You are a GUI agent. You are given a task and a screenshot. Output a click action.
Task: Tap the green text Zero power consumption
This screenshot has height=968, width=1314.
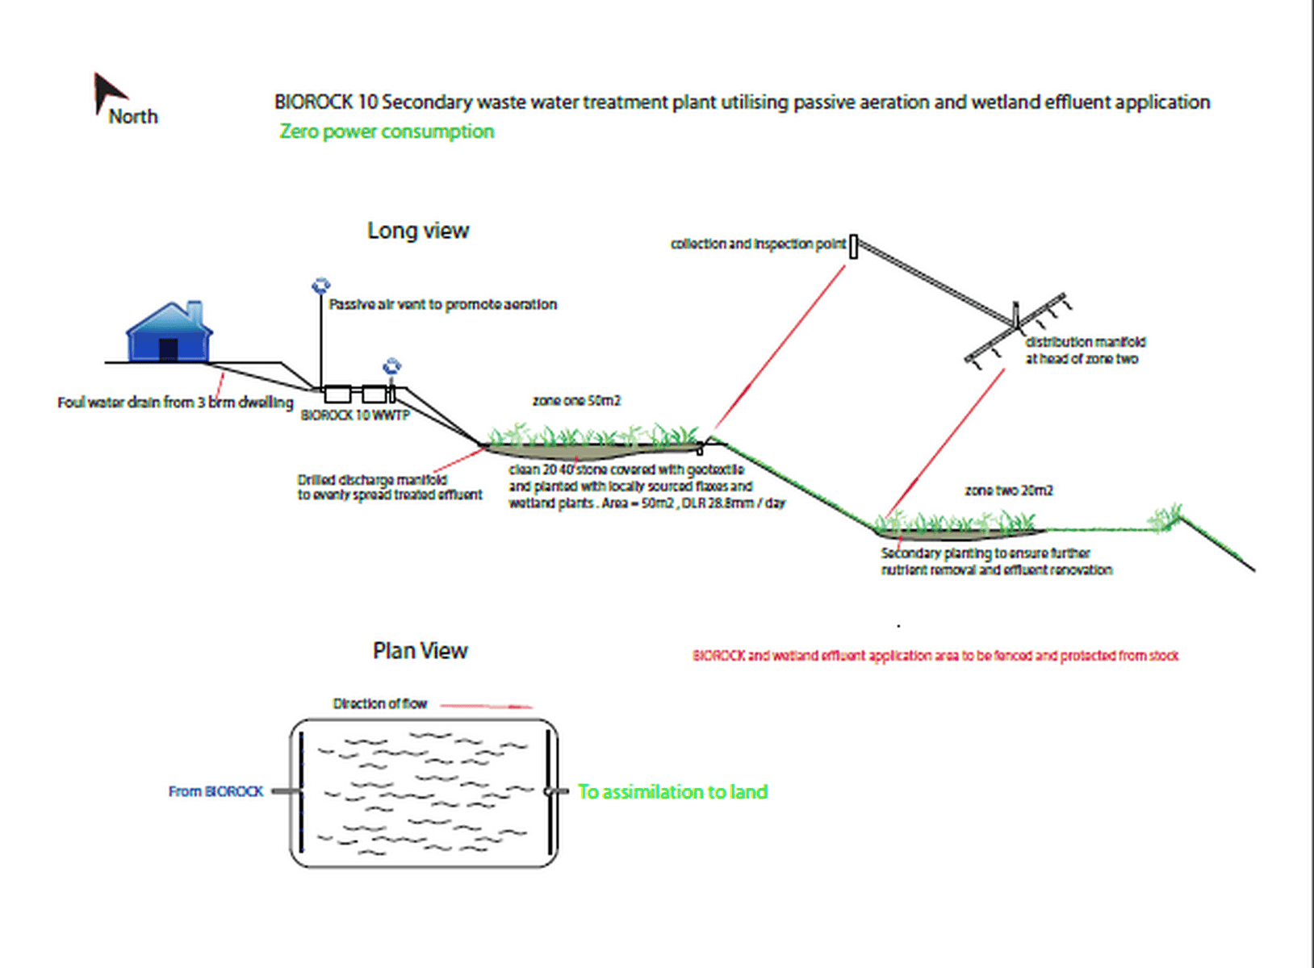[x=387, y=131]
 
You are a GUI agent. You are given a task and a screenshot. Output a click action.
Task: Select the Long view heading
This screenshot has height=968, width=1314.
[x=418, y=231]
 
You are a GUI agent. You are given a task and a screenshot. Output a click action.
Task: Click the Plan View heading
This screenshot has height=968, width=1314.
[x=420, y=651]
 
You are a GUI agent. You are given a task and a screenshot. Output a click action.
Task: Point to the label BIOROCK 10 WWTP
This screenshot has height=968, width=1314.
[x=355, y=415]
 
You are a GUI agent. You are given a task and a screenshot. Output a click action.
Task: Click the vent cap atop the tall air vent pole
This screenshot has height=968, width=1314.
[x=320, y=286]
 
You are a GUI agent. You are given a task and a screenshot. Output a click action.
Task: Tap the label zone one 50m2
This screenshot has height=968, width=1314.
[x=576, y=401]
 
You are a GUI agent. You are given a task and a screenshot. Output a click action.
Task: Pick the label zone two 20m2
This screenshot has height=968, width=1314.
[x=1009, y=490]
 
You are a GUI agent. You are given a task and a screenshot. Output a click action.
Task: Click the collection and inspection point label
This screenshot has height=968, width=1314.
[x=758, y=244]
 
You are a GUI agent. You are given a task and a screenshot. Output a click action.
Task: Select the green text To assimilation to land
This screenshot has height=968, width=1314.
[x=672, y=792]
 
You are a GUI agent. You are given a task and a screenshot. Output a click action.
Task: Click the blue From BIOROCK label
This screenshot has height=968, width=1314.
[x=216, y=791]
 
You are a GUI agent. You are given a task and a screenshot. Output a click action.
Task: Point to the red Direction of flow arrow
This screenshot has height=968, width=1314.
[x=487, y=706]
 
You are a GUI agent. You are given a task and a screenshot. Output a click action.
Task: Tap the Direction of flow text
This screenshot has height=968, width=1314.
[x=379, y=703]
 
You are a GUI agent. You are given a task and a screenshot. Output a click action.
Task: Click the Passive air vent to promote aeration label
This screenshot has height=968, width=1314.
[x=443, y=304]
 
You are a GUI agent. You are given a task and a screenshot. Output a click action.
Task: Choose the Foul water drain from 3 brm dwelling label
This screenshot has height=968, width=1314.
[x=175, y=402]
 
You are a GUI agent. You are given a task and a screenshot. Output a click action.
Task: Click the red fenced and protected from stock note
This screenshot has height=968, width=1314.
[x=935, y=656]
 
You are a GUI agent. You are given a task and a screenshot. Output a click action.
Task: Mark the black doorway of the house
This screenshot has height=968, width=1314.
[x=168, y=349]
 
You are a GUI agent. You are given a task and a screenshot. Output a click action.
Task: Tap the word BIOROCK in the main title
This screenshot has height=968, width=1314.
[x=314, y=102]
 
